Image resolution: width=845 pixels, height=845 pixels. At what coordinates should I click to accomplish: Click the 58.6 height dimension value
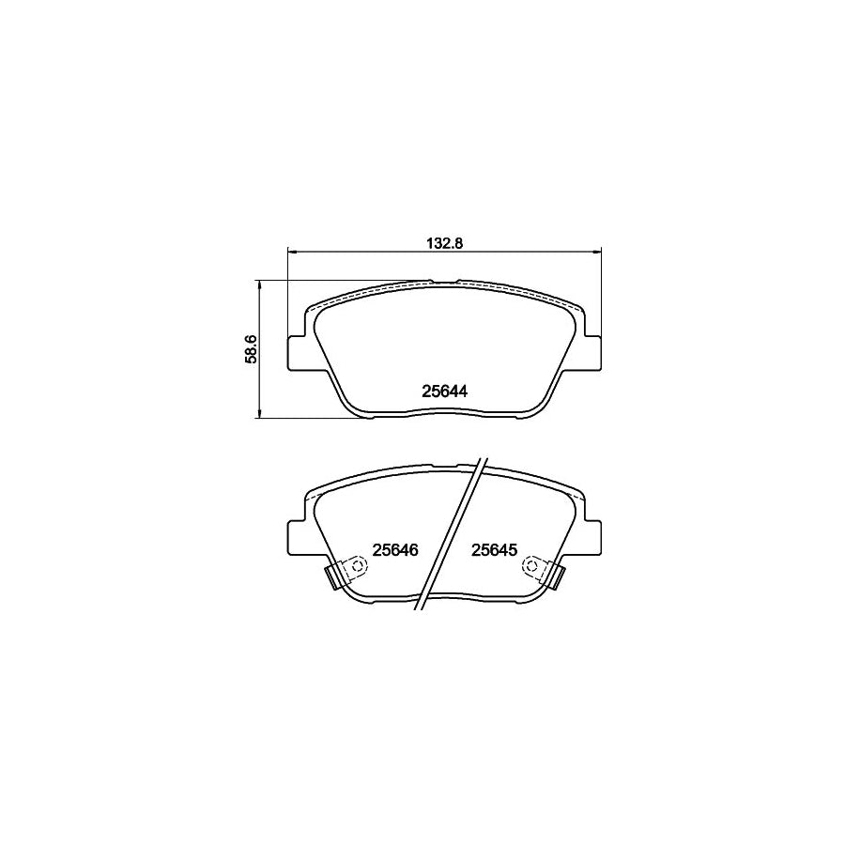coord(251,348)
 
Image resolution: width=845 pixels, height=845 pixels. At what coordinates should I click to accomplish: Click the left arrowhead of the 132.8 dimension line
coord(291,251)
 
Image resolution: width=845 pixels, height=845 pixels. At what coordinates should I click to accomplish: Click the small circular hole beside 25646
coord(355,566)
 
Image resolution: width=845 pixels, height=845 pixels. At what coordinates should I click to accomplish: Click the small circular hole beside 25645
coord(532,566)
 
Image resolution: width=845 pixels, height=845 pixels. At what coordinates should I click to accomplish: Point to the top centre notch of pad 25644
coord(443,280)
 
